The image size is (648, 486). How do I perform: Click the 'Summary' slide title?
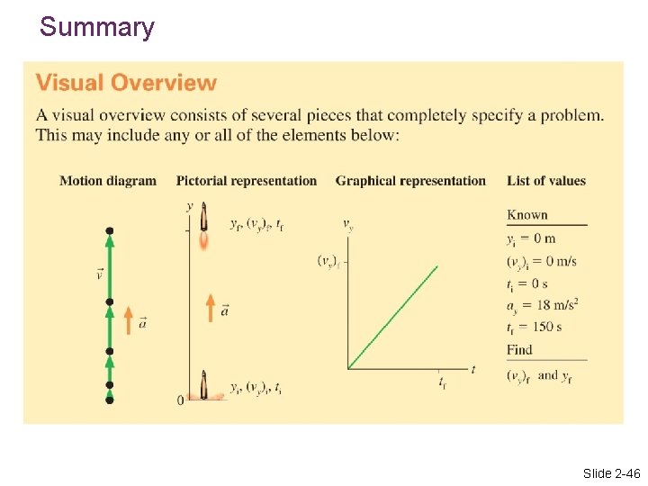pyautogui.click(x=97, y=27)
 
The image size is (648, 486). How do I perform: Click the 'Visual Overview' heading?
pyautogui.click(x=126, y=83)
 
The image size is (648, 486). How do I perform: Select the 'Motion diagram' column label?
pyautogui.click(x=108, y=181)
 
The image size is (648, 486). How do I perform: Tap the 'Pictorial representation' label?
pyautogui.click(x=247, y=181)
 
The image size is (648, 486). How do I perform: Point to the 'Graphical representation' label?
pyautogui.click(x=410, y=181)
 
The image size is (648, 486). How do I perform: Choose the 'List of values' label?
pyautogui.click(x=546, y=181)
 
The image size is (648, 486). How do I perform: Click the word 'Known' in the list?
pyautogui.click(x=527, y=214)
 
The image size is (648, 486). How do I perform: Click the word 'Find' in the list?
pyautogui.click(x=519, y=349)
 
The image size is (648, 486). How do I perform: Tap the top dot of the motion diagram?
pyautogui.click(x=110, y=231)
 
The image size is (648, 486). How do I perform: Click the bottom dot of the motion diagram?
pyautogui.click(x=110, y=400)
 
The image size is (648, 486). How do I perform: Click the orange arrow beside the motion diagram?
pyautogui.click(x=128, y=319)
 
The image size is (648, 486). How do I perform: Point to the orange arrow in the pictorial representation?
pyautogui.click(x=210, y=306)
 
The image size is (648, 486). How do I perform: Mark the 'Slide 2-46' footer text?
pyautogui.click(x=610, y=473)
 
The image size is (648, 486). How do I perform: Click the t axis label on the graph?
pyautogui.click(x=473, y=369)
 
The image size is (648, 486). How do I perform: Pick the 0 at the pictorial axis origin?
pyautogui.click(x=180, y=400)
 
